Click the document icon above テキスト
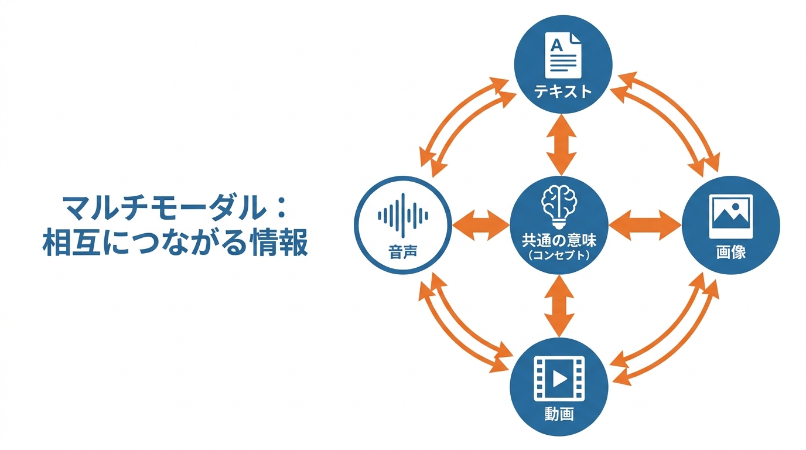point(563,55)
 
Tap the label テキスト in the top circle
point(563,91)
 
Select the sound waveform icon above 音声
point(403,216)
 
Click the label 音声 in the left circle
point(403,252)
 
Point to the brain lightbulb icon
point(559,207)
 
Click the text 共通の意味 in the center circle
point(559,240)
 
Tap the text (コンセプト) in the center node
point(559,255)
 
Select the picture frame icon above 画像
point(731,216)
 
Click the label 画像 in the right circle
point(731,253)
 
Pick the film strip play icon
point(559,379)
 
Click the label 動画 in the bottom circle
point(559,414)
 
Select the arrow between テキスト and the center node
point(561,145)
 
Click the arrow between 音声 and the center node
point(481,226)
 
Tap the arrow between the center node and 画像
point(645,226)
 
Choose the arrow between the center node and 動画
point(559,306)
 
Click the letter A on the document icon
point(556,45)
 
